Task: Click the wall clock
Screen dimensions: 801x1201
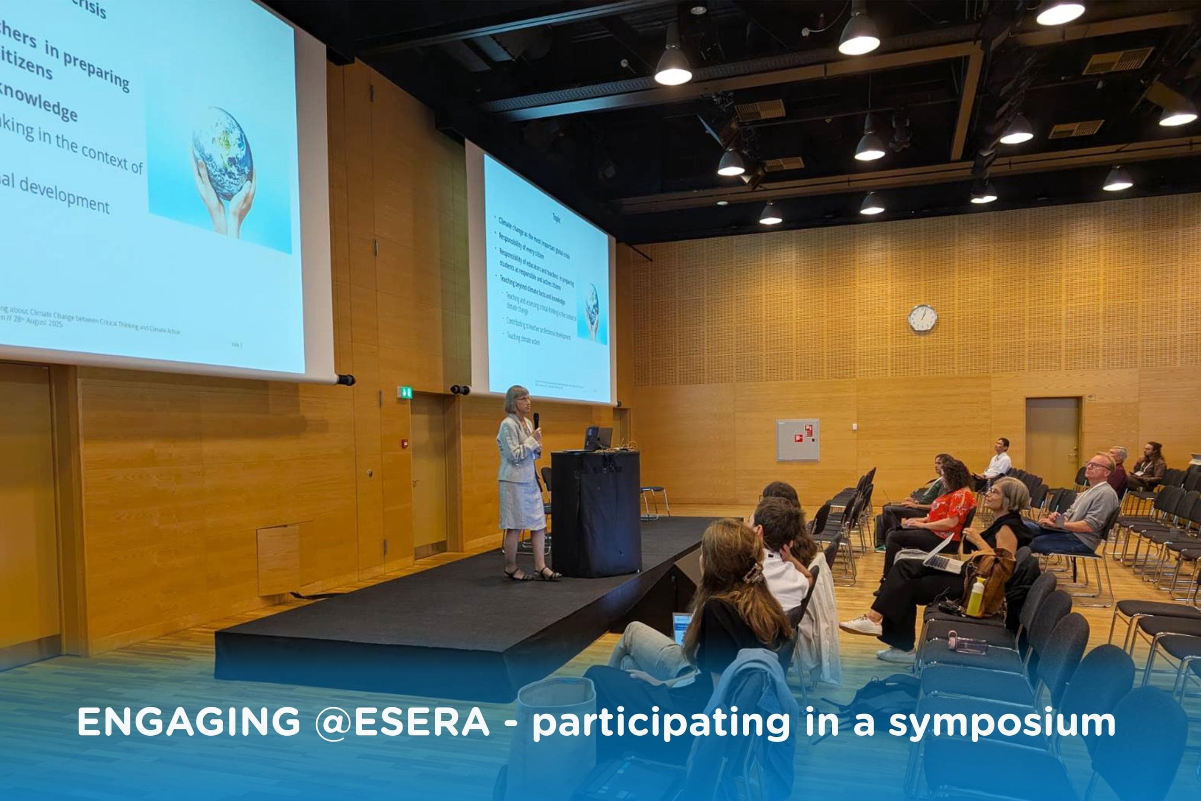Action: click(922, 318)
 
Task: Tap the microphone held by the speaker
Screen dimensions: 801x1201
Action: click(536, 420)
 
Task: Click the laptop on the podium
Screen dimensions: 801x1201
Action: click(597, 438)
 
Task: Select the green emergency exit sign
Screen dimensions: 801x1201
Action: click(404, 392)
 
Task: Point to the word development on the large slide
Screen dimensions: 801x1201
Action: click(64, 195)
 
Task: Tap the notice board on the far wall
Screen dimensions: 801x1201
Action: click(798, 440)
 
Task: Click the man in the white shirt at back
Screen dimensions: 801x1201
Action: click(997, 459)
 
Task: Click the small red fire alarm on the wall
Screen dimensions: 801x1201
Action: click(405, 442)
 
